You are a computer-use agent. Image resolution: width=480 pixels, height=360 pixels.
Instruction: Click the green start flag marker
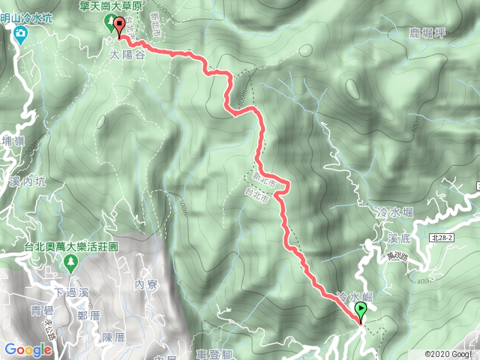(x=361, y=310)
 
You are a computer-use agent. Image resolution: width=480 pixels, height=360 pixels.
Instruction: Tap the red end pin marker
(x=120, y=27)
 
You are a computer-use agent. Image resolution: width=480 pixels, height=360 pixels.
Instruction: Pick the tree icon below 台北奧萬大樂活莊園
(x=70, y=262)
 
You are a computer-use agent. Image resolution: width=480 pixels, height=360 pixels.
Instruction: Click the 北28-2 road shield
(x=443, y=236)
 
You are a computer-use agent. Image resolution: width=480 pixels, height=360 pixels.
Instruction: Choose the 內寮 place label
(x=145, y=285)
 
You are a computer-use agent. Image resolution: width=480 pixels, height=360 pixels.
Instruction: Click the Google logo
(x=27, y=349)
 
